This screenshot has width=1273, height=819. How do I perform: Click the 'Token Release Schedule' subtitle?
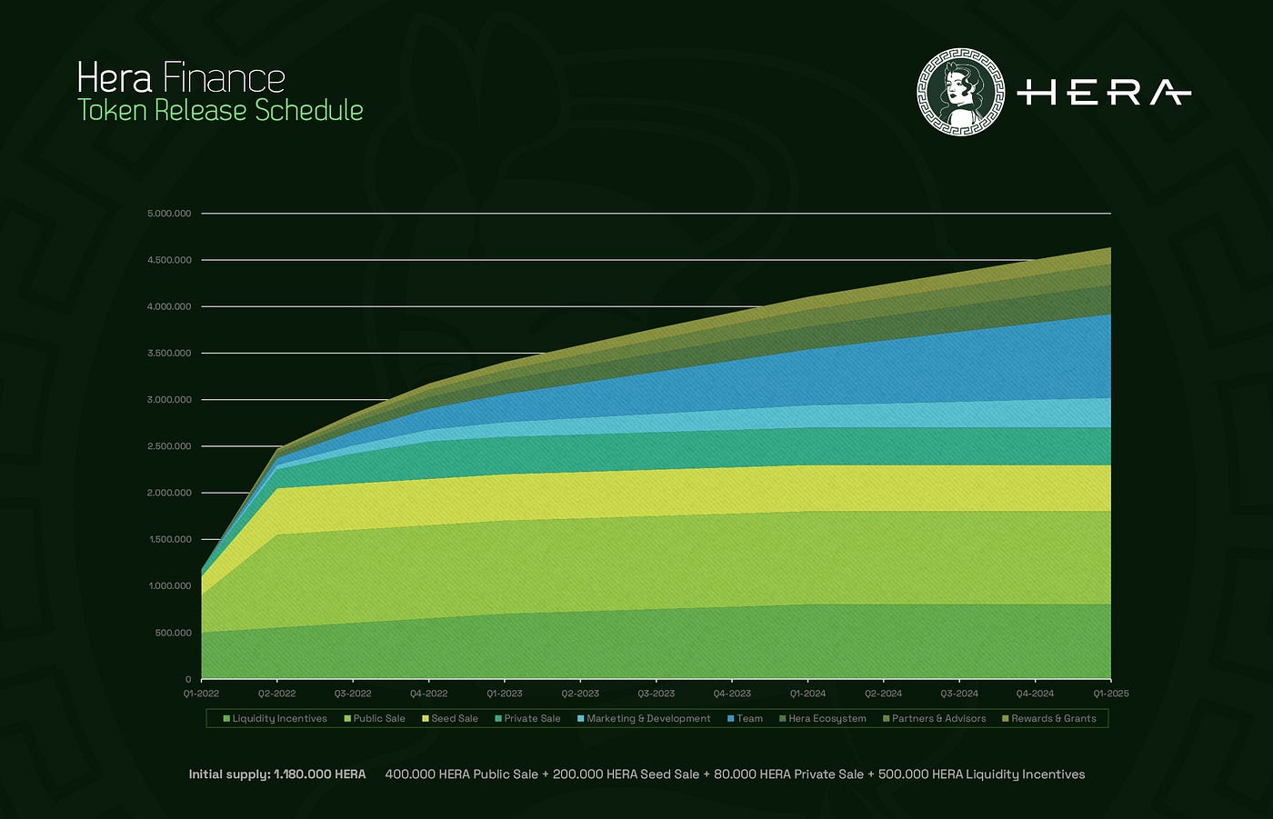tap(220, 110)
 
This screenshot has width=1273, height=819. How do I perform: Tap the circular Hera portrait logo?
tap(960, 92)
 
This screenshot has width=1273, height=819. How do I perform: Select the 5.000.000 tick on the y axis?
tap(169, 214)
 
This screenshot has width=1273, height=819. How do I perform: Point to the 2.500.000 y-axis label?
tap(169, 446)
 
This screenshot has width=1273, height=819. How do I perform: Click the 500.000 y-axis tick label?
tap(173, 633)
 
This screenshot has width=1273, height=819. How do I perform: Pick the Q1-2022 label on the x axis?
tap(201, 694)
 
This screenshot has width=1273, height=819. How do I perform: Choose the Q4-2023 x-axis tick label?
tap(732, 694)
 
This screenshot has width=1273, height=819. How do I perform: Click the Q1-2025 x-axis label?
tap(1111, 694)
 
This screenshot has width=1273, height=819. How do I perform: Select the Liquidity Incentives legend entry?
tap(275, 718)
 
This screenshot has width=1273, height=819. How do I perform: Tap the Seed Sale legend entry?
tap(449, 718)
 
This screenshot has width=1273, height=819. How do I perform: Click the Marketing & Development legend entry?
tap(644, 718)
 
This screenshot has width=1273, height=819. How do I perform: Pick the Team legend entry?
tap(745, 718)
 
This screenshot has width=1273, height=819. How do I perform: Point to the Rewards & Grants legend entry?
tap(1049, 718)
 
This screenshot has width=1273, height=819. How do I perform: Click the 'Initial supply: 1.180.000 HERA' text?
tap(277, 774)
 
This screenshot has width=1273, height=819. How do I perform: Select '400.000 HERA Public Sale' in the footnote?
tap(462, 774)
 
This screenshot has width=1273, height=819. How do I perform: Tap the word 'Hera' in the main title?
tap(115, 78)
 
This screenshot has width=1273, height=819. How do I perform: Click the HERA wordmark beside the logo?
tap(1104, 93)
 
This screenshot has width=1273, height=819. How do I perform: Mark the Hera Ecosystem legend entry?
tap(822, 718)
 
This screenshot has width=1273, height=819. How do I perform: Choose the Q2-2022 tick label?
tap(277, 694)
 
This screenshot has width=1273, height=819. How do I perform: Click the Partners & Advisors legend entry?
tap(934, 718)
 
